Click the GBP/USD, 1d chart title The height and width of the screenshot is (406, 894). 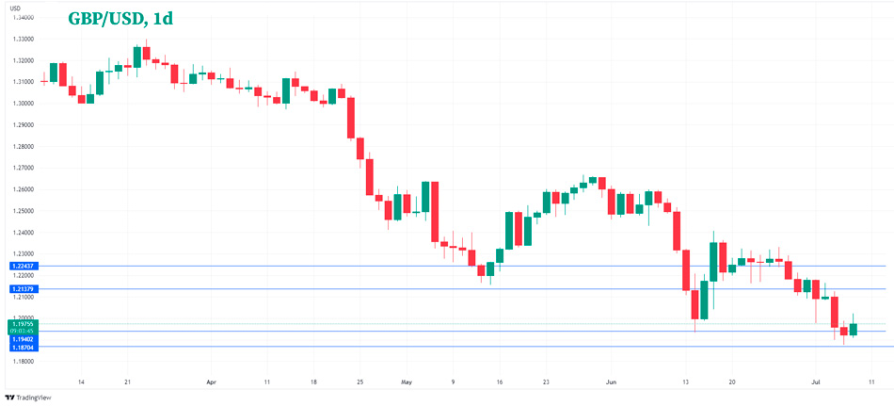[x=120, y=19]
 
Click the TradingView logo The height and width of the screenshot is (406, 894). [x=30, y=398]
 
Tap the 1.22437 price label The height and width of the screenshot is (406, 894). [x=23, y=267]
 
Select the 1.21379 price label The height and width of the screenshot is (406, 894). [x=23, y=288]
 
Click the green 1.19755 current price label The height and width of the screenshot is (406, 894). [x=23, y=323]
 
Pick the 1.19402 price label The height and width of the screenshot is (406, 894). [x=23, y=337]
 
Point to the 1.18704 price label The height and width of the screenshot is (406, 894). [x=23, y=347]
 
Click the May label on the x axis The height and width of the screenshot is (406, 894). [x=406, y=382]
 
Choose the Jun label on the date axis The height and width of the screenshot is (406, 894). [x=612, y=382]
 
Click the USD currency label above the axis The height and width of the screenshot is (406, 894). [x=16, y=8]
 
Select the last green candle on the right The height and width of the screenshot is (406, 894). [x=854, y=330]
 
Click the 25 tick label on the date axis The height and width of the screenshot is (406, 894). [x=359, y=382]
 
